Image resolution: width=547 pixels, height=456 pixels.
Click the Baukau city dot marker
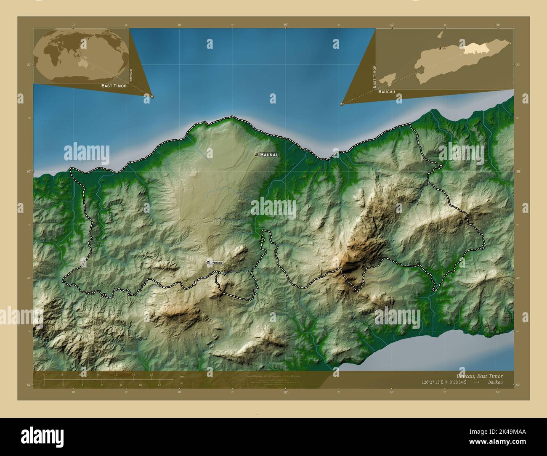[256, 155]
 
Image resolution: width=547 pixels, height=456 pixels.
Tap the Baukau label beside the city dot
[269, 155]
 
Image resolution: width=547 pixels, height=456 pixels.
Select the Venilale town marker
[208, 262]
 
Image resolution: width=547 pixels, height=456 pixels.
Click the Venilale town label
[218, 263]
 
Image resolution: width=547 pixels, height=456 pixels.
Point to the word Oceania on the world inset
[131, 75]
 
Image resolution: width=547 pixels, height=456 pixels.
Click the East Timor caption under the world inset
[114, 85]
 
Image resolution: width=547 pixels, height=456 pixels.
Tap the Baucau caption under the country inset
[387, 91]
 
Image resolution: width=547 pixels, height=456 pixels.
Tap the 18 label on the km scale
[151, 375]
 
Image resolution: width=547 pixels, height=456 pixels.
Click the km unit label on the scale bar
[181, 376]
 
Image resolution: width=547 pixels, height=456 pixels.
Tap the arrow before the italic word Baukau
[477, 382]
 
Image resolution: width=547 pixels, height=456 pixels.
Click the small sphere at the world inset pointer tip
[152, 96]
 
